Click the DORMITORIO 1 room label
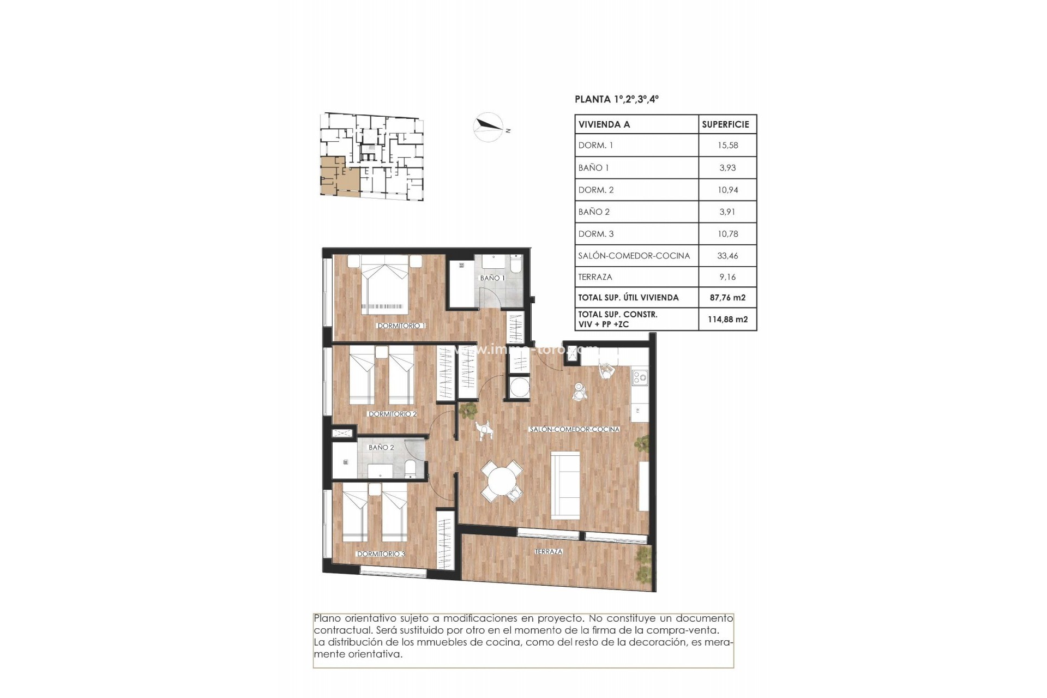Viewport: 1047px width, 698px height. click(401, 326)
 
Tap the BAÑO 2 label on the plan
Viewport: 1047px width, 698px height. click(381, 447)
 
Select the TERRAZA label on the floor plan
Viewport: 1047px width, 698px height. click(549, 551)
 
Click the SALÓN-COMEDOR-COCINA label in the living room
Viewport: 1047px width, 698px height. click(574, 429)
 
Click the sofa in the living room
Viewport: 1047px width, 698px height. click(565, 485)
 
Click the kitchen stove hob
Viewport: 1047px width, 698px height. click(639, 376)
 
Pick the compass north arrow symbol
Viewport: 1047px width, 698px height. click(488, 127)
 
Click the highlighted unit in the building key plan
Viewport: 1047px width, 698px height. click(333, 176)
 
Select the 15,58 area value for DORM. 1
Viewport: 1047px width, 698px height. click(727, 145)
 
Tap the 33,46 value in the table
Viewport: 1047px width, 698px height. click(727, 255)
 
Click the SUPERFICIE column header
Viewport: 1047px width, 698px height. click(725, 124)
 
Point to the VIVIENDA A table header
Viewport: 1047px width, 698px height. click(604, 124)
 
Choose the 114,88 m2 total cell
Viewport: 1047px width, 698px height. click(727, 320)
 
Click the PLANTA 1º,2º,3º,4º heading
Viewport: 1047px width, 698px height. click(617, 99)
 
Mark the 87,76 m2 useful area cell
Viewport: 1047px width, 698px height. click(727, 298)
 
